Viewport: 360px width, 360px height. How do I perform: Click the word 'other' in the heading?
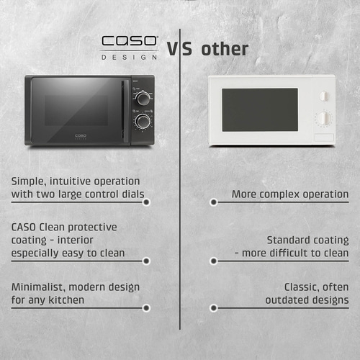click(x=225, y=49)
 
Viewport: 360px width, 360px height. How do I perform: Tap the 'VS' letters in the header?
click(x=180, y=49)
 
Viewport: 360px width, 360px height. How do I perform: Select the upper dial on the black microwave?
click(x=143, y=96)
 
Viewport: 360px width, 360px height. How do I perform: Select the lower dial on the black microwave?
click(x=143, y=122)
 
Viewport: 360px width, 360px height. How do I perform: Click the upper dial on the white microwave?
click(x=323, y=96)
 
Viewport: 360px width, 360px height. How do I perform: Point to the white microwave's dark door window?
click(x=259, y=109)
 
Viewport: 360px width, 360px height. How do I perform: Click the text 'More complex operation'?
click(x=290, y=194)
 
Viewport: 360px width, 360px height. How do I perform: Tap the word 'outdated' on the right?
click(x=288, y=300)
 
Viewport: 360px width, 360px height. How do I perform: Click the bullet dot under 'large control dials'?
click(x=146, y=202)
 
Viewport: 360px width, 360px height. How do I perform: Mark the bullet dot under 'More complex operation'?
click(x=213, y=202)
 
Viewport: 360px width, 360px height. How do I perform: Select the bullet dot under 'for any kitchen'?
click(x=146, y=307)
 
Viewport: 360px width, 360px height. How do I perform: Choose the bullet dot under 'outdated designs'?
click(x=213, y=307)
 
